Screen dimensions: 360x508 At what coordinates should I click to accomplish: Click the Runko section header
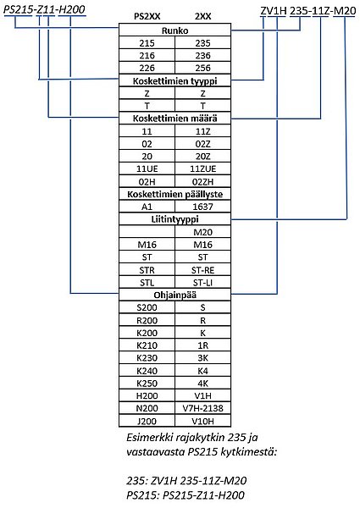tap(174, 30)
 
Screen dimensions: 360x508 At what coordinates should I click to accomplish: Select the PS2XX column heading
tap(147, 16)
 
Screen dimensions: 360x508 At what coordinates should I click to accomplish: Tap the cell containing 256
tap(202, 68)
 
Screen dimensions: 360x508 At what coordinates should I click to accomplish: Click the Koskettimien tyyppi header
tap(174, 80)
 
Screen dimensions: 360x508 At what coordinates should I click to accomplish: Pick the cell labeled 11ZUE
tap(202, 168)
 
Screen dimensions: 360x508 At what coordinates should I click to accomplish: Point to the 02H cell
tap(147, 181)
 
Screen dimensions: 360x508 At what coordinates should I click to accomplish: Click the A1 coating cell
tap(147, 207)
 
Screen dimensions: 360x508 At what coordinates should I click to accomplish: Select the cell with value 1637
tap(202, 207)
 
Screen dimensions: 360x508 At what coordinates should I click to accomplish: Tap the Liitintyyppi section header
tap(174, 219)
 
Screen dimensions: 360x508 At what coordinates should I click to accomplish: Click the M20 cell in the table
tap(202, 232)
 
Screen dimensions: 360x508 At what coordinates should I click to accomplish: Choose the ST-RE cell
tap(202, 270)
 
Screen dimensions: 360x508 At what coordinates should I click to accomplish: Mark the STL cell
tap(147, 283)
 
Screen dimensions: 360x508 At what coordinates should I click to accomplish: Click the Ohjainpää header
tap(174, 295)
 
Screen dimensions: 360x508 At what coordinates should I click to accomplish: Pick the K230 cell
tap(147, 358)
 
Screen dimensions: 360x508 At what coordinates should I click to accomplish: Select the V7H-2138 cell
tap(202, 408)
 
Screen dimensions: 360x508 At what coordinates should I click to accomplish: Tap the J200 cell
tap(147, 421)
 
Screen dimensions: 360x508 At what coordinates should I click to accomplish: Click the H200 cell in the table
tap(147, 396)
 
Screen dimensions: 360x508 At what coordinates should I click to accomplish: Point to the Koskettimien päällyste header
tap(174, 194)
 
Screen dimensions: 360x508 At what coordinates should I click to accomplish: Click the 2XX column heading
tap(202, 16)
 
